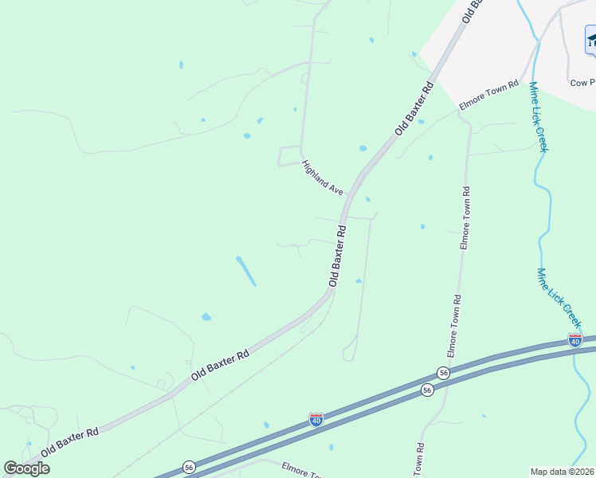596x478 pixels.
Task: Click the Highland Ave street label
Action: tap(322, 178)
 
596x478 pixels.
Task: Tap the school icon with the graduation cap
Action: tap(590, 40)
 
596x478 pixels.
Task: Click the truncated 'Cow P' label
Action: tap(582, 82)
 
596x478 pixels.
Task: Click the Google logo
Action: tap(26, 468)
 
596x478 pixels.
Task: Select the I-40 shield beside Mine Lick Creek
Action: tap(575, 340)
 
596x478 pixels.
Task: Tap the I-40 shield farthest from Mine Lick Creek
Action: tap(316, 419)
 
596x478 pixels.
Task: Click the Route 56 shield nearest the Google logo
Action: tap(189, 467)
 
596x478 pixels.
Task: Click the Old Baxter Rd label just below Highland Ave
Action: tap(339, 256)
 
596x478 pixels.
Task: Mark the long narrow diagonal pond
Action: tap(245, 271)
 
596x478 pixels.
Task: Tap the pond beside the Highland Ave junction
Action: tap(363, 148)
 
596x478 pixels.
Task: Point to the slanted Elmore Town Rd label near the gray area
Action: tap(489, 96)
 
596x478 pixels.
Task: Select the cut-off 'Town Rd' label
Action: tap(418, 460)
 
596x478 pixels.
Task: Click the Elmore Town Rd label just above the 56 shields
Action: tap(453, 326)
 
